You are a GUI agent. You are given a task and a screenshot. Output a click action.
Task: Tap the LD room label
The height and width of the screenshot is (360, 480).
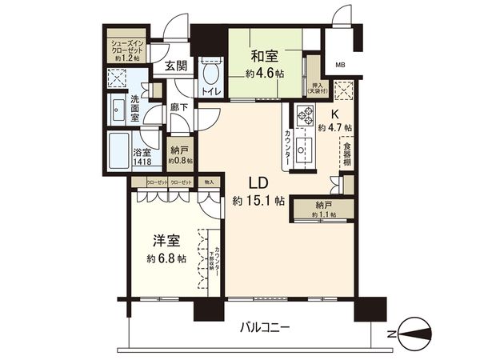(246, 183)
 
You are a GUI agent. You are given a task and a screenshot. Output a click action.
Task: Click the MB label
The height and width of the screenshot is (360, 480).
(340, 65)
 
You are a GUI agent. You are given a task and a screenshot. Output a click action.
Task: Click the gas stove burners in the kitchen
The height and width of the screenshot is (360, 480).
(304, 118)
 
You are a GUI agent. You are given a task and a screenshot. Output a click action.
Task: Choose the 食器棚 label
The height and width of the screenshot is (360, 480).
(347, 153)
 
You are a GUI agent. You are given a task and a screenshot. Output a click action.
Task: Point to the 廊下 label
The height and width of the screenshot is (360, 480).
(178, 110)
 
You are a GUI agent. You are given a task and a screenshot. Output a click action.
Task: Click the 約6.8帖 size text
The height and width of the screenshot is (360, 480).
(166, 258)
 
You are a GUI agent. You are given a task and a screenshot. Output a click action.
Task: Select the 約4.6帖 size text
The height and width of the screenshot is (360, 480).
(264, 71)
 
